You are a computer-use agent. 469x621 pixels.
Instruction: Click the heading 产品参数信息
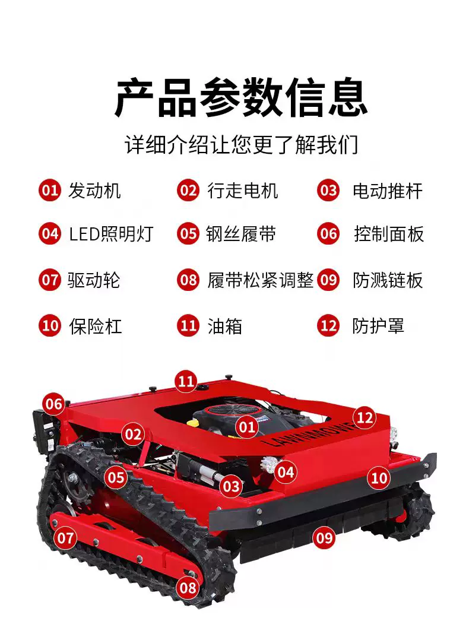pyautogui.click(x=241, y=98)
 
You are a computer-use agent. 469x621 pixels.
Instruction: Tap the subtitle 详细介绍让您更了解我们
pyautogui.click(x=241, y=144)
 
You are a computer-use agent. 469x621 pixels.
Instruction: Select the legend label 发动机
pyautogui.click(x=94, y=191)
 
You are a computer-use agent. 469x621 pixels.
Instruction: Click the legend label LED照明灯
pyautogui.click(x=111, y=234)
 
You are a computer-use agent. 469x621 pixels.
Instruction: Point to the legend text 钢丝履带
pyautogui.click(x=241, y=234)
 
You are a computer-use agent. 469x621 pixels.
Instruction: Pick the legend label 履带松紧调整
pyautogui.click(x=260, y=280)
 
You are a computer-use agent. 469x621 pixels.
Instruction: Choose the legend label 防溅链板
pyautogui.click(x=388, y=280)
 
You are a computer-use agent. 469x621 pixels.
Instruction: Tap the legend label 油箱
pyautogui.click(x=224, y=327)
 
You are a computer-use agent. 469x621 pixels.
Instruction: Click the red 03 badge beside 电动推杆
pyautogui.click(x=328, y=191)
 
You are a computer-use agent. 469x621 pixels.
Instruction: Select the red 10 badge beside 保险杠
pyautogui.click(x=50, y=327)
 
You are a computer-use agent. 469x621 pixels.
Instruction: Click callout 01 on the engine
pyautogui.click(x=246, y=427)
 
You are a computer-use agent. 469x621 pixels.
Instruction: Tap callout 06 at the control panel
pyautogui.click(x=54, y=404)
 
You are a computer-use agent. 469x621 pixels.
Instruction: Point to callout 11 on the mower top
pyautogui.click(x=186, y=381)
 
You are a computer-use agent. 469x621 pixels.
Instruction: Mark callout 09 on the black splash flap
pyautogui.click(x=324, y=538)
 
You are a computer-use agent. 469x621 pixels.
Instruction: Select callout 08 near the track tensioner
pyautogui.click(x=188, y=587)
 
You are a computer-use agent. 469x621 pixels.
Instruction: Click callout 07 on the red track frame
pyautogui.click(x=65, y=538)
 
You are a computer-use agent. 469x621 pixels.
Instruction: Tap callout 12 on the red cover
pyautogui.click(x=365, y=418)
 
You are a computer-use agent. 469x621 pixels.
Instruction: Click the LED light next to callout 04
pyautogui.click(x=268, y=464)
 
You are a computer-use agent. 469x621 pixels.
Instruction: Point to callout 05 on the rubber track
pyautogui.click(x=116, y=477)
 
